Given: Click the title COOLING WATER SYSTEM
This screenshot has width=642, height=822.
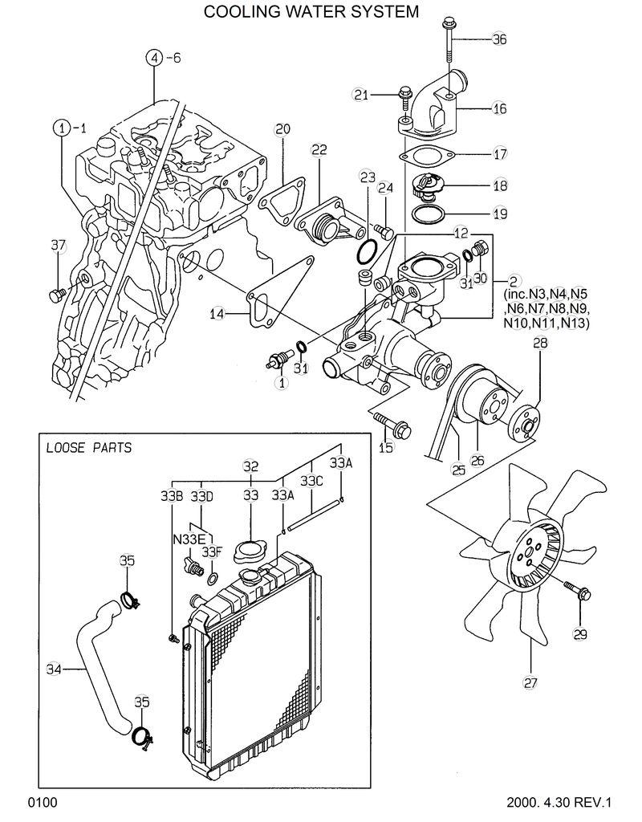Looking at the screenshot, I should point(311,11).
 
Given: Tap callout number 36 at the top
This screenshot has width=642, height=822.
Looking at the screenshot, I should point(499,39).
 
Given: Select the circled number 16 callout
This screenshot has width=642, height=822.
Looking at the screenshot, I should point(499,108).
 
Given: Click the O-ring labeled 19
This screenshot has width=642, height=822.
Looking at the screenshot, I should point(428,214).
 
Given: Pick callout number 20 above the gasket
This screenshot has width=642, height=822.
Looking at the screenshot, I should point(282,128).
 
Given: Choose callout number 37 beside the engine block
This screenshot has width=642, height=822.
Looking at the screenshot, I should point(58,246).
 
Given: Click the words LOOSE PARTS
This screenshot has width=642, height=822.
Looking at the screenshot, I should point(89,448).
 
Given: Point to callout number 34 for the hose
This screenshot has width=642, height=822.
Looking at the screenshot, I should point(53,668).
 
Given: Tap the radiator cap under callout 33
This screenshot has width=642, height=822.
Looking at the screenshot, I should point(250,551).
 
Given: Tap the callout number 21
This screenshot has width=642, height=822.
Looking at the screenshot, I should point(360,96).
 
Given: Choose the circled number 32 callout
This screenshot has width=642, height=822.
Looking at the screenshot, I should point(250,466).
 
